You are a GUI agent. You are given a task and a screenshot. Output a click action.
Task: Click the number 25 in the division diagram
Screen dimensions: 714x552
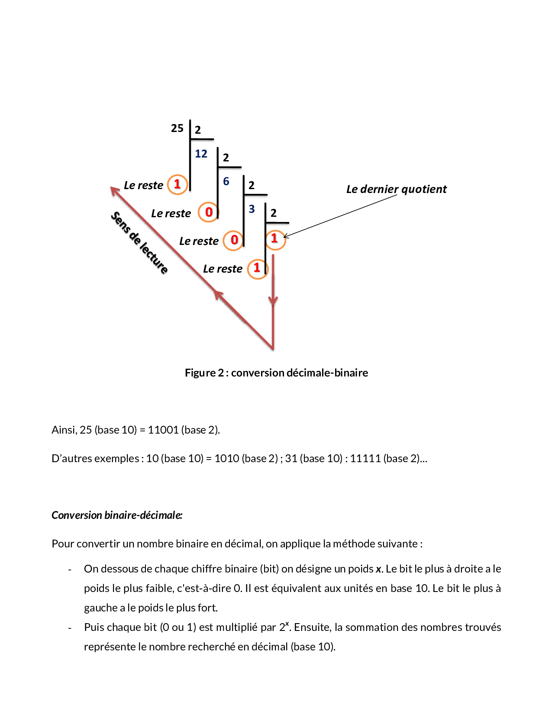177,128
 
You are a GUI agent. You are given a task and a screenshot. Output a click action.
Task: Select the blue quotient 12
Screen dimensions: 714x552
201,154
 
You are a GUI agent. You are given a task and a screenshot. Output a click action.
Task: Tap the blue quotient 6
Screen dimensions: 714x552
226,181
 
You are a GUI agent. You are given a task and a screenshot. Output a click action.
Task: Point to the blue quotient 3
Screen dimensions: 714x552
252,209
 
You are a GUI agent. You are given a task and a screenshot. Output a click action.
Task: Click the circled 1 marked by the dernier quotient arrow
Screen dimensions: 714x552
274,238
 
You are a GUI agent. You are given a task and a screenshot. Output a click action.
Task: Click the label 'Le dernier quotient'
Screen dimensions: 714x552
396,189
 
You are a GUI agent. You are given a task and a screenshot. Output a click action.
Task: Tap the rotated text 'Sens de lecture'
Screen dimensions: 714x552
139,243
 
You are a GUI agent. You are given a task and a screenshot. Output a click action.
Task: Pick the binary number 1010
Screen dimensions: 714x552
226,458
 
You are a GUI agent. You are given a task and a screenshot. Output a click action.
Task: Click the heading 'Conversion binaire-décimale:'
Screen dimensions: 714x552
117,515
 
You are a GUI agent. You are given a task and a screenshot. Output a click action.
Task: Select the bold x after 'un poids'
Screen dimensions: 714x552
378,569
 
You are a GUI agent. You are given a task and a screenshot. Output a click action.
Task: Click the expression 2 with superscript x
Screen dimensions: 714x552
284,627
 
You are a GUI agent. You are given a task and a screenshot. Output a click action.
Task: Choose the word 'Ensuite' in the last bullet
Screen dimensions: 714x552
312,627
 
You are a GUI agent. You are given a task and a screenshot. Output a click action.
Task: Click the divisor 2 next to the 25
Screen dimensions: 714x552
198,130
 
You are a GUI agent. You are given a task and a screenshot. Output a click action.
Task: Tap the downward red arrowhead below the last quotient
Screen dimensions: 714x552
273,300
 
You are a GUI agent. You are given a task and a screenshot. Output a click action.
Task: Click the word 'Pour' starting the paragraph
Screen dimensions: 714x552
62,544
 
